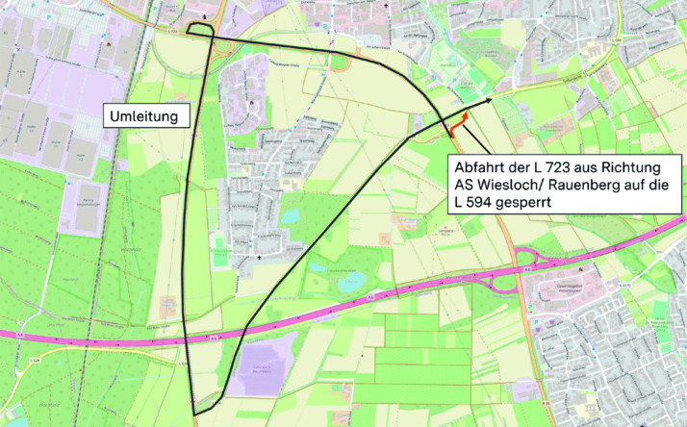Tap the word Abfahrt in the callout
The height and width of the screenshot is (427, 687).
click(x=483, y=169)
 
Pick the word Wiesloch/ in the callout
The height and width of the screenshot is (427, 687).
click(x=517, y=187)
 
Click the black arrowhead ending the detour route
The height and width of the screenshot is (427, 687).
click(x=489, y=99)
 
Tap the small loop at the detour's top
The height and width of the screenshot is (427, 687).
click(x=200, y=30)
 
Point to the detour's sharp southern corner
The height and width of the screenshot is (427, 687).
click(x=195, y=414)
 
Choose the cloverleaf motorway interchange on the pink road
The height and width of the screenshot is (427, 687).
click(x=526, y=267)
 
